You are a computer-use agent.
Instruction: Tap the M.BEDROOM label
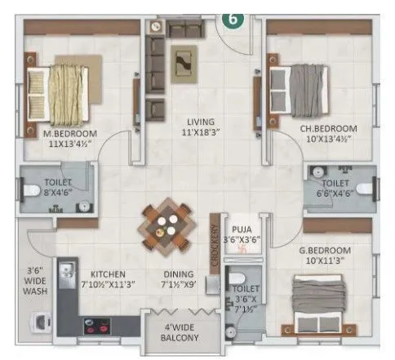click(x=71, y=134)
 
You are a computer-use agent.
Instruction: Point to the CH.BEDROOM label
click(x=326, y=128)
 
